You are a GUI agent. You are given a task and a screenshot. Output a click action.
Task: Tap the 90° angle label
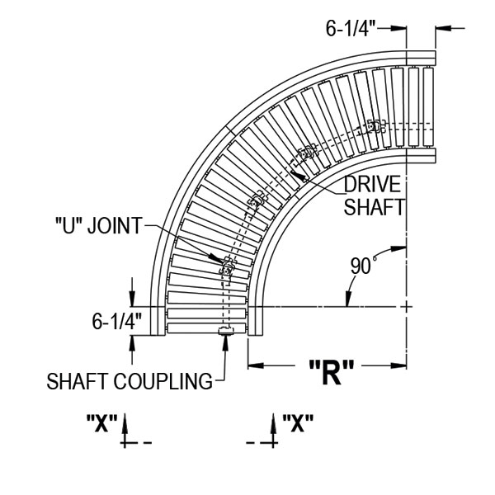[x=363, y=266]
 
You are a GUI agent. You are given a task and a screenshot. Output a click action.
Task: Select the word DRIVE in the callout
[x=372, y=184]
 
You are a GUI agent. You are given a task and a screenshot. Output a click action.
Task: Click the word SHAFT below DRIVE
[x=374, y=207]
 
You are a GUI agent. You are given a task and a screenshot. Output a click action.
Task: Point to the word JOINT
[x=115, y=226]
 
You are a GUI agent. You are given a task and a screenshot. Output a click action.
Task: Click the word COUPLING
[x=163, y=381]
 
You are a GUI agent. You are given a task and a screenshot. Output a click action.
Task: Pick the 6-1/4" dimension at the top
[x=351, y=29]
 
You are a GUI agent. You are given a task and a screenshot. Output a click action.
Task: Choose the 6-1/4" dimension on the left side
[x=117, y=322]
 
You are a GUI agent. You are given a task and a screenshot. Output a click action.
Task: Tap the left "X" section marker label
[x=101, y=423]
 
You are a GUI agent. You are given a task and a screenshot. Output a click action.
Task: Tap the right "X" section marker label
[x=298, y=423]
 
